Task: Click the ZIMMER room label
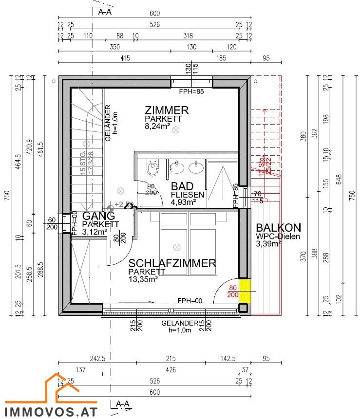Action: click(167, 110)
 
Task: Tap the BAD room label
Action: click(182, 186)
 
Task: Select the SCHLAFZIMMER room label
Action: click(172, 263)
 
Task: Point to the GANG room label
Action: click(98, 216)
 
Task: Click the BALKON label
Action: click(279, 227)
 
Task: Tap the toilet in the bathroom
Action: click(153, 168)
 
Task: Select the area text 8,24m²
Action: click(157, 126)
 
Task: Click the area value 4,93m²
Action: click(183, 202)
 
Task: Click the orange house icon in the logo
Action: click(61, 387)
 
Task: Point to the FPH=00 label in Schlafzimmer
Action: click(190, 301)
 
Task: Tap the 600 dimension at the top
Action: click(154, 14)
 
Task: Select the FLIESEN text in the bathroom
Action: click(187, 195)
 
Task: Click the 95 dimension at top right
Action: click(266, 58)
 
